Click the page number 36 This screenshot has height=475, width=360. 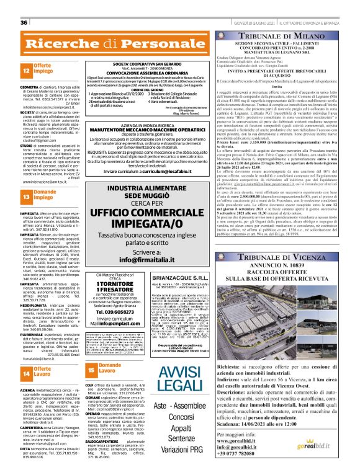click(x=24, y=6)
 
